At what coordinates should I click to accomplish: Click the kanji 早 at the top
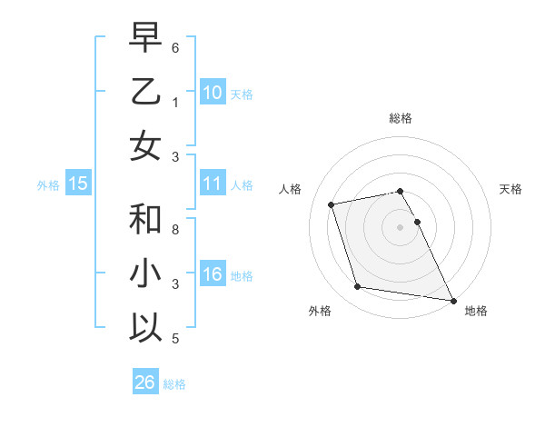click(x=145, y=38)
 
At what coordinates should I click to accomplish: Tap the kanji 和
click(x=145, y=220)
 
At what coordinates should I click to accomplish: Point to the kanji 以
click(x=145, y=326)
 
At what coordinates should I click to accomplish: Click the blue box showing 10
click(x=212, y=92)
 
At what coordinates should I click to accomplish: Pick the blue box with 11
click(x=212, y=184)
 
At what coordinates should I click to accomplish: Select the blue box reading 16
click(x=212, y=274)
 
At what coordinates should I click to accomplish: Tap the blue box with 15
click(x=78, y=184)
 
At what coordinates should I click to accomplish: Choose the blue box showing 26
click(x=144, y=382)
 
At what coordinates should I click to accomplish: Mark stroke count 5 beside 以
click(x=175, y=339)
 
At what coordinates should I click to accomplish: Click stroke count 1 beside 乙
click(x=175, y=103)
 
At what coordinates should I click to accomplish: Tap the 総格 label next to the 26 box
click(x=174, y=384)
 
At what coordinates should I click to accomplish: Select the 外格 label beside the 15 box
click(x=48, y=185)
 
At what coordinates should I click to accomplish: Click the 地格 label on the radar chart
click(x=476, y=311)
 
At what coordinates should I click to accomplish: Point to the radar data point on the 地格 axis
click(x=452, y=299)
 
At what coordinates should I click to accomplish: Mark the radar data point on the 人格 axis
click(x=332, y=204)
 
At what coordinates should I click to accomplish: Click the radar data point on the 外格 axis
click(x=358, y=287)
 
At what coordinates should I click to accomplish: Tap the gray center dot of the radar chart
click(x=401, y=226)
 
